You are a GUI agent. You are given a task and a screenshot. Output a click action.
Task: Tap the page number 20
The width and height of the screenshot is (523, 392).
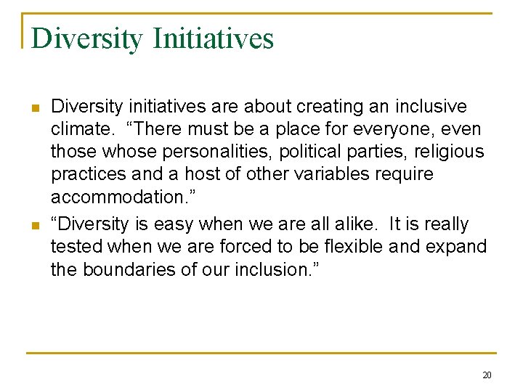[x=487, y=375]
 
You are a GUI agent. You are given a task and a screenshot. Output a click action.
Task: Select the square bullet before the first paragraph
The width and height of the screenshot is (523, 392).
[x=34, y=108]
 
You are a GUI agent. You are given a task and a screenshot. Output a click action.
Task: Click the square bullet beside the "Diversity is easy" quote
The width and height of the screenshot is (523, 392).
[x=34, y=225]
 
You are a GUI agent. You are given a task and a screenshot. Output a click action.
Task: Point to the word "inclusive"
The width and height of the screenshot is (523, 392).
[x=431, y=107]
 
